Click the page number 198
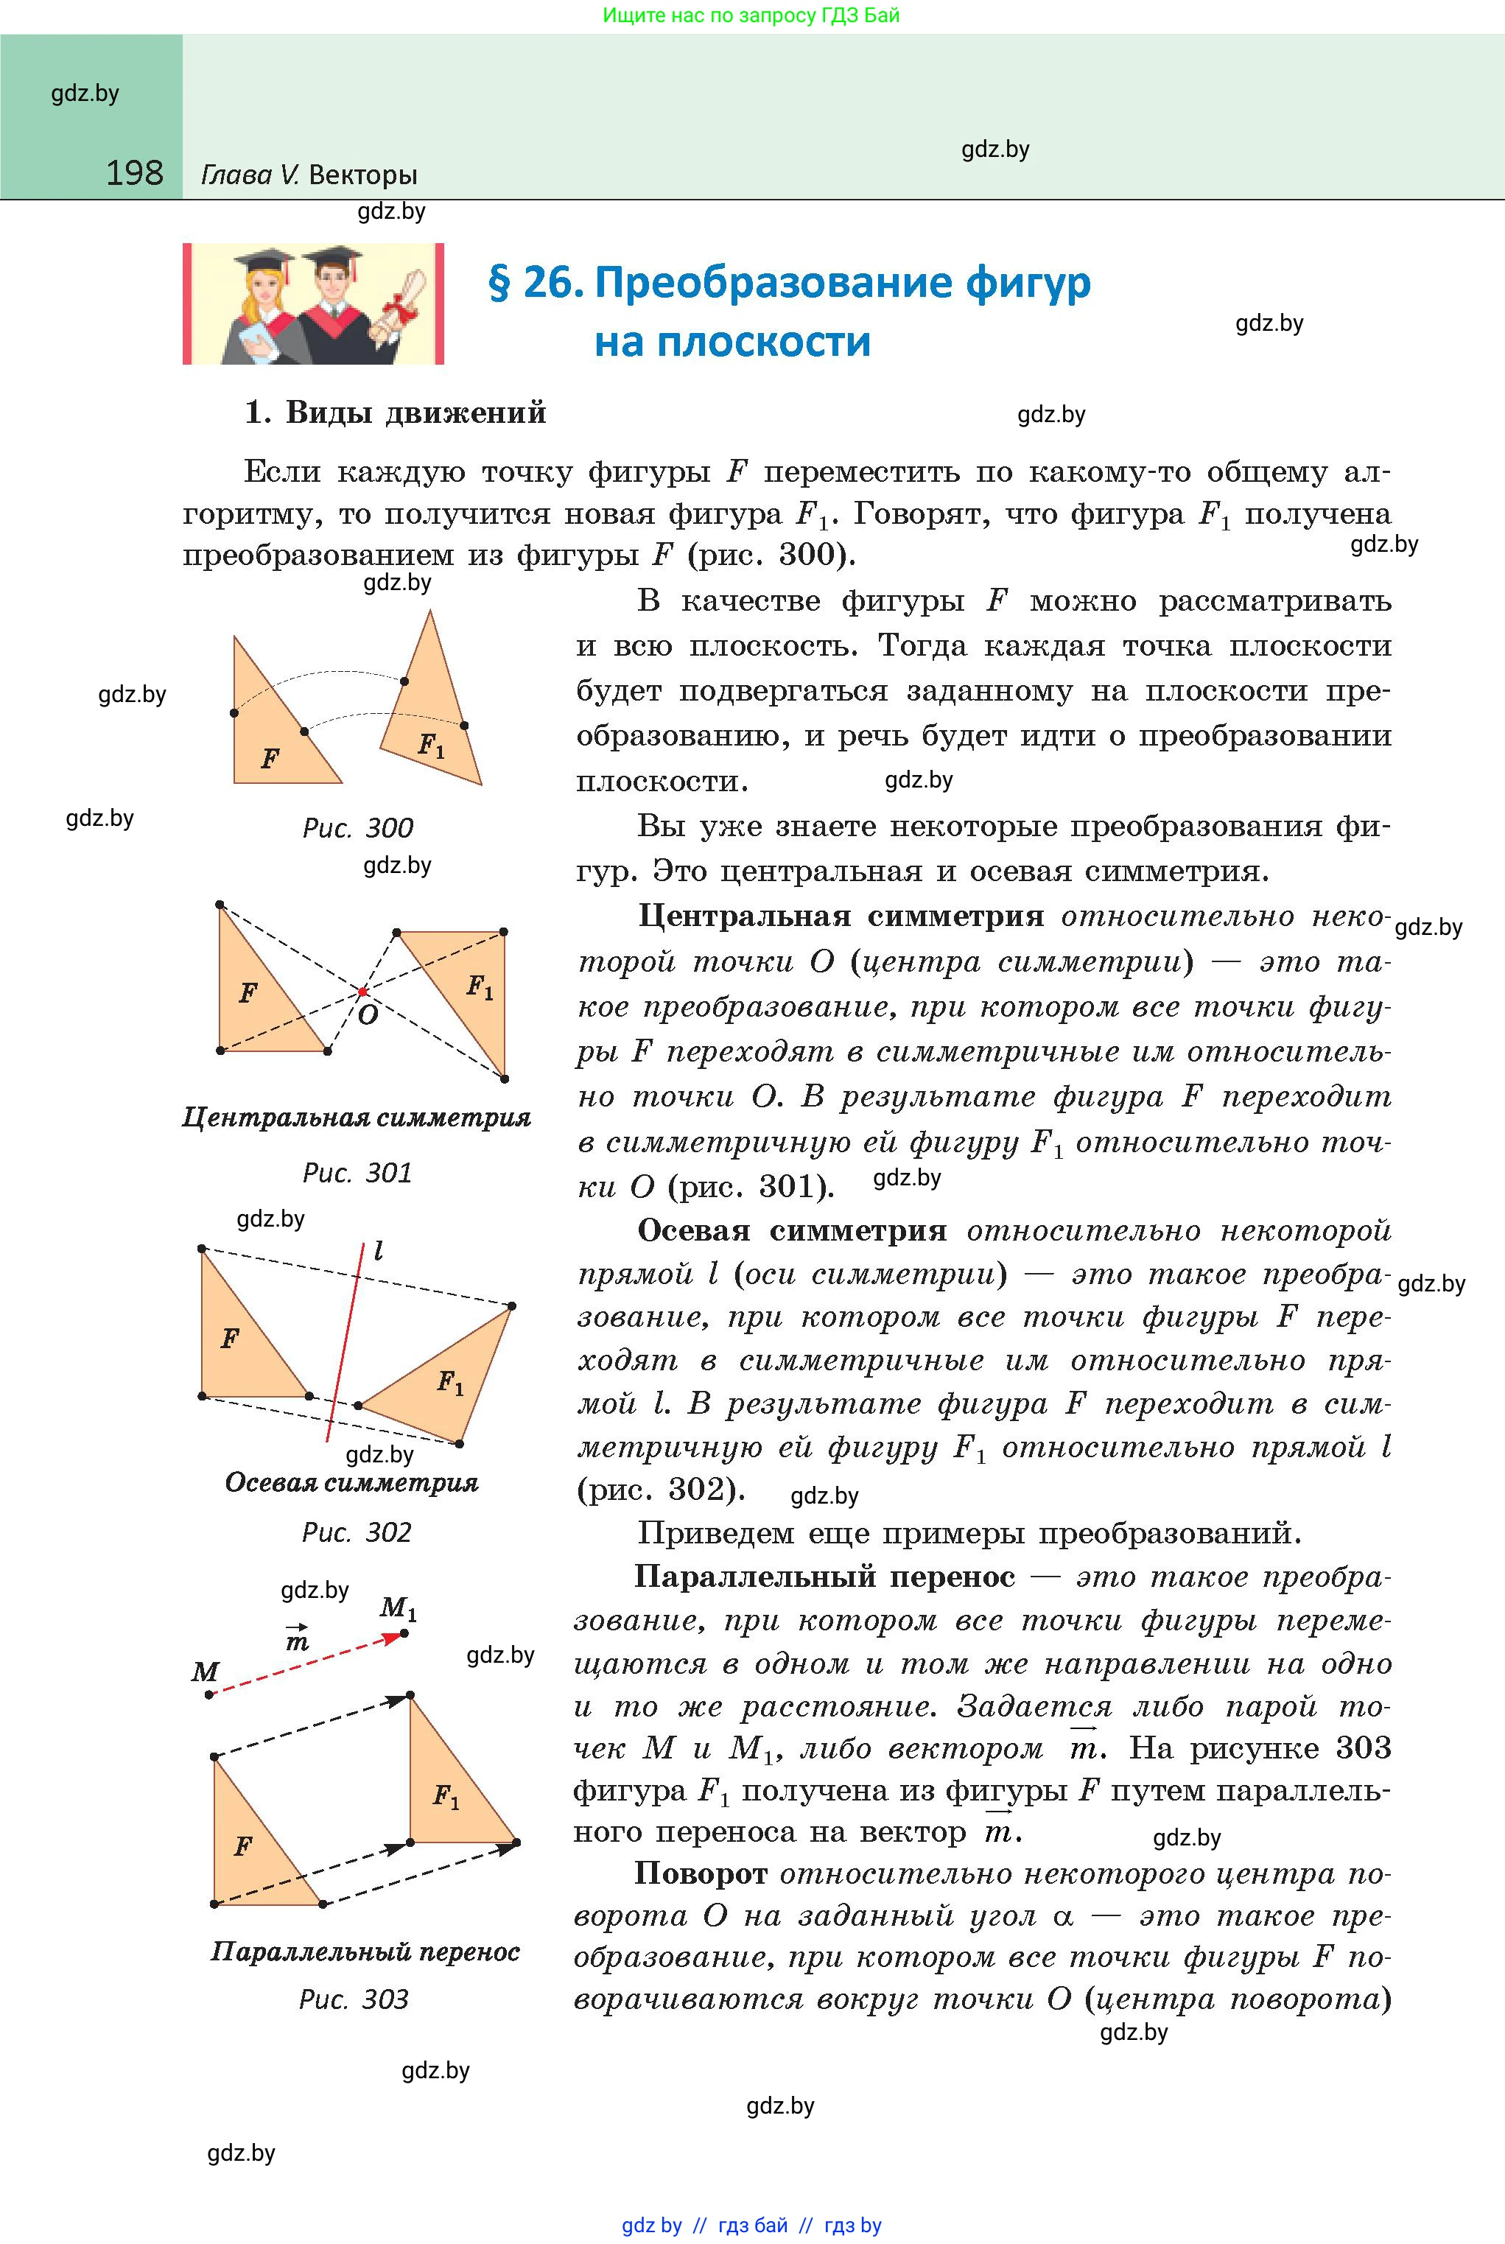(134, 173)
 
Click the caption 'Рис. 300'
(358, 828)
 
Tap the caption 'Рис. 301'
(357, 1172)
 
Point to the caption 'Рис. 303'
(354, 1999)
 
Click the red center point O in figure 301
(363, 992)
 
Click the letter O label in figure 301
(368, 1014)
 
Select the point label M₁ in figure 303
(399, 1607)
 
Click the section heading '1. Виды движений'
(396, 413)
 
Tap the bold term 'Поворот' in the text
(701, 1873)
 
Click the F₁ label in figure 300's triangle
(431, 744)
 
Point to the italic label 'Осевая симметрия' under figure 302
(351, 1483)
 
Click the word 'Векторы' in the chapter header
(364, 175)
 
